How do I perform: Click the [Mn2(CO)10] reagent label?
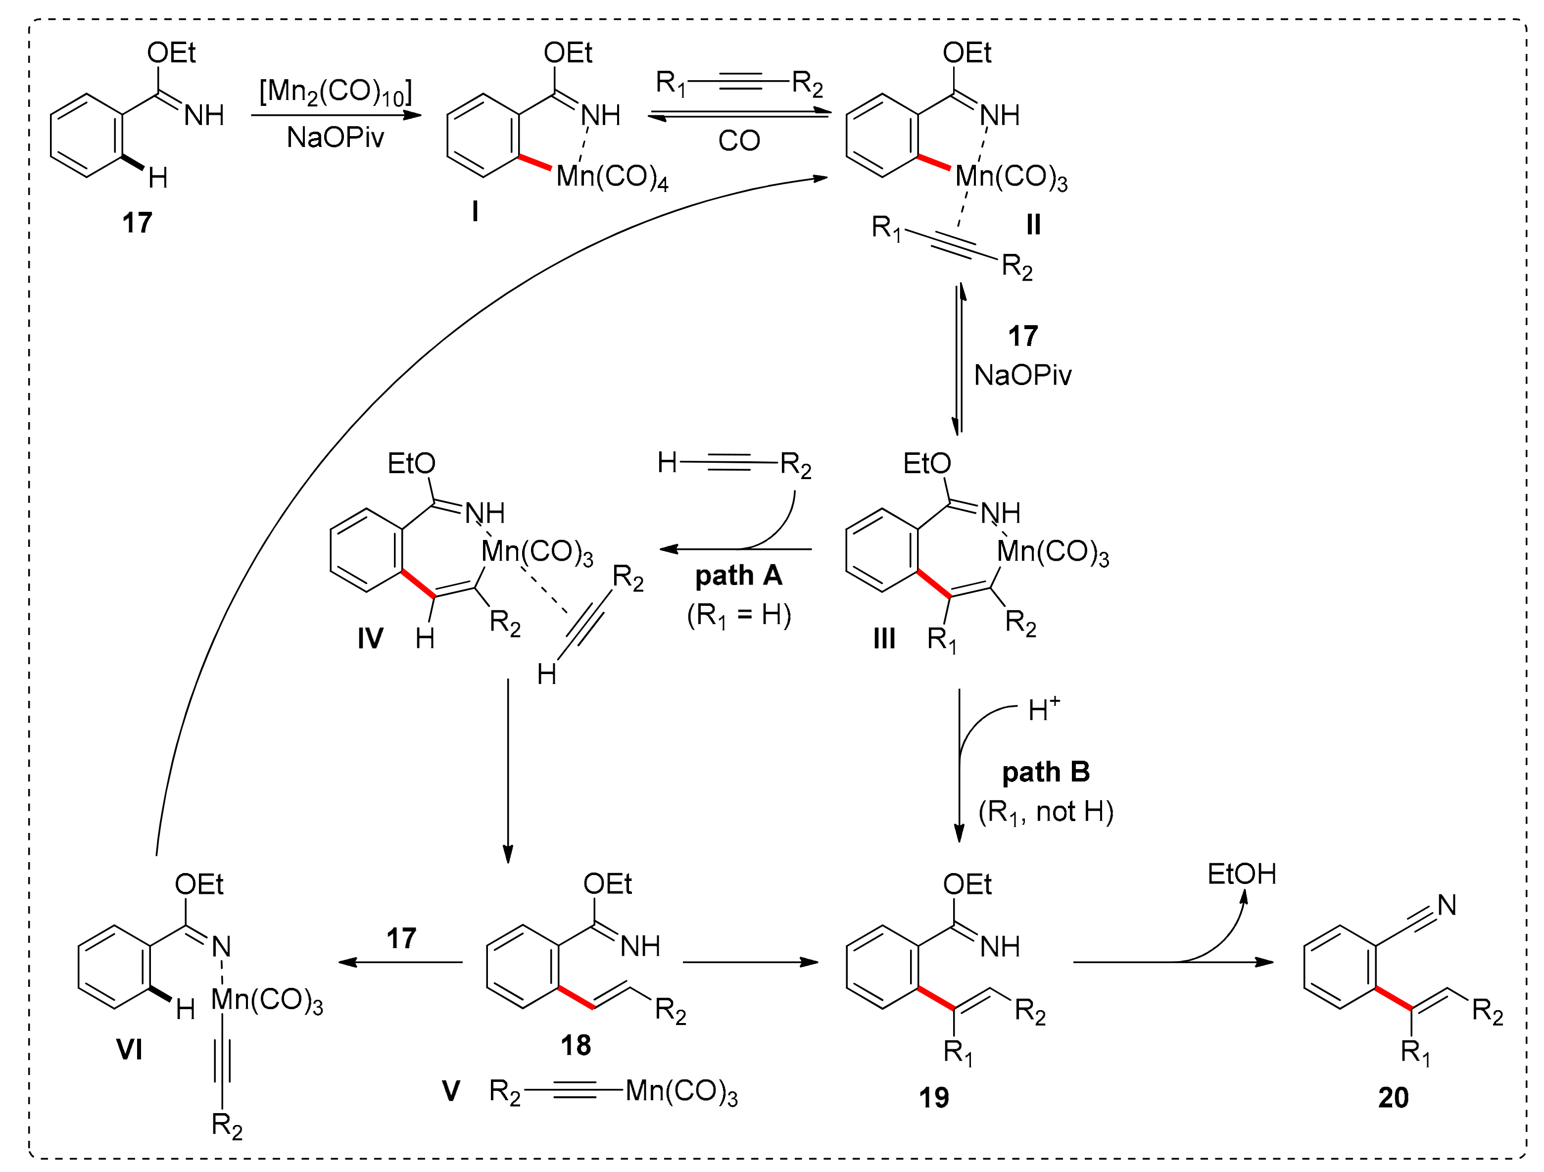pos(335,92)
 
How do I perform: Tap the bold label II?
pos(1033,225)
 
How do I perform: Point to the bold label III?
pos(884,638)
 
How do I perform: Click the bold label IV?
pos(370,638)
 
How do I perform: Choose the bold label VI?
pos(130,1049)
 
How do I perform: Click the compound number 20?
pos(1393,1098)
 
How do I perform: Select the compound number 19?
pos(934,1098)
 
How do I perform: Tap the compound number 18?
pos(576,1045)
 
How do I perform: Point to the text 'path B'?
pos(1045,773)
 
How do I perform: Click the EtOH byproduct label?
pos(1241,874)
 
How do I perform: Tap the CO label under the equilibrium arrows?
pos(738,141)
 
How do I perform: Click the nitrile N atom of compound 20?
pos(1447,905)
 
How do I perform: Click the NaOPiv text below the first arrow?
pos(335,138)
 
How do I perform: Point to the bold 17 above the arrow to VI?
pos(401,938)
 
